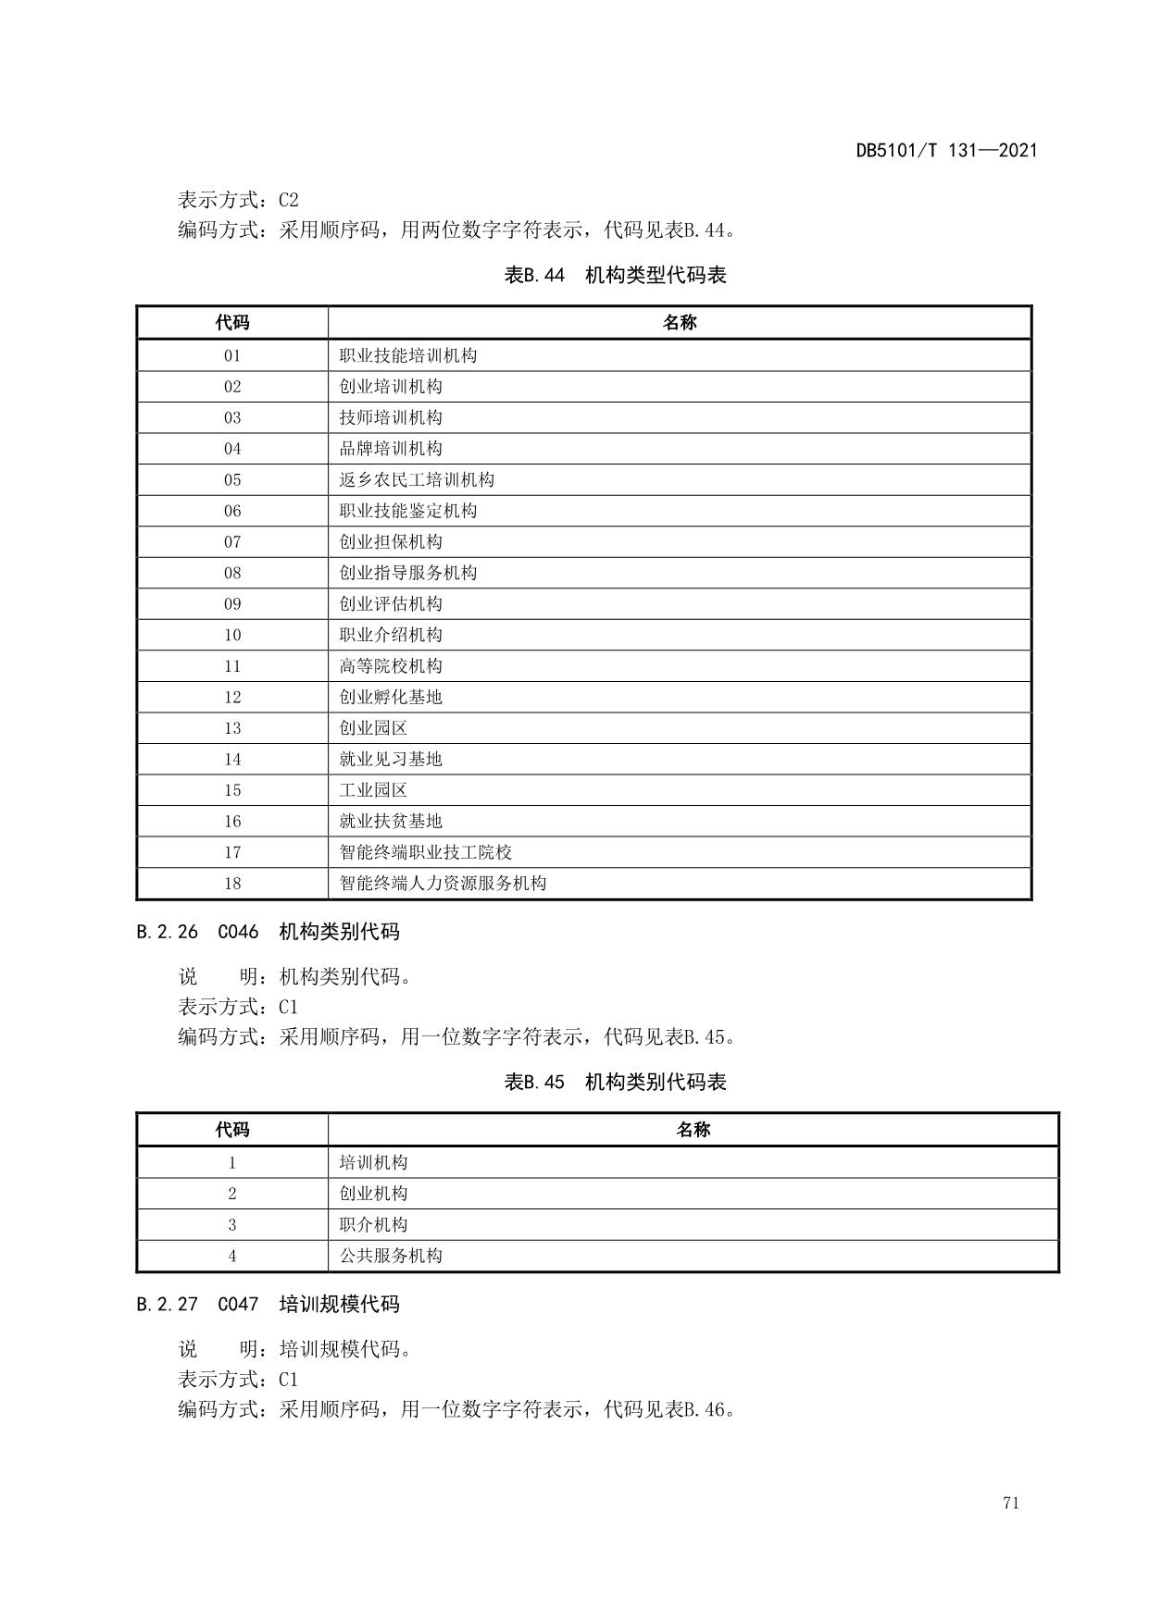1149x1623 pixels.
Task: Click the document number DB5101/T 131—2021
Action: click(946, 151)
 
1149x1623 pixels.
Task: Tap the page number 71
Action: click(1010, 1503)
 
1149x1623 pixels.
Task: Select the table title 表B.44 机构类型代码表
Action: click(615, 275)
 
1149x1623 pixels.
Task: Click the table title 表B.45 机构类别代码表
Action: click(615, 1082)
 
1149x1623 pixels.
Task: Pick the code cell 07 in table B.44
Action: click(232, 541)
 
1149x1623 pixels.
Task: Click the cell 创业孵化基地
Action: click(391, 697)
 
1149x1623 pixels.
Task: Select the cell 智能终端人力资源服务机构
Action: click(443, 883)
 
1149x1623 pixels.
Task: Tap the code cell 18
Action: click(232, 883)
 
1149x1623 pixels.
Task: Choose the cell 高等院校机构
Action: click(391, 665)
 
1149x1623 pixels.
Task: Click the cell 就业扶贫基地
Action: click(391, 821)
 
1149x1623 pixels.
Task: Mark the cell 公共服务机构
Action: click(391, 1256)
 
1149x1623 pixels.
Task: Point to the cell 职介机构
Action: click(373, 1224)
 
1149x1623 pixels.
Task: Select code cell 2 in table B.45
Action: click(232, 1194)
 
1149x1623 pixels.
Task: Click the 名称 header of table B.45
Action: click(693, 1130)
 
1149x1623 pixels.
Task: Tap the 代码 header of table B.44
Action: click(232, 323)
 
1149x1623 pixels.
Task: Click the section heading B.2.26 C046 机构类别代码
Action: click(268, 932)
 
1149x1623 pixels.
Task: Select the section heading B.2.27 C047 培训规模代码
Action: click(268, 1305)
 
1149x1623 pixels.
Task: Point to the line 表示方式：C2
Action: click(238, 200)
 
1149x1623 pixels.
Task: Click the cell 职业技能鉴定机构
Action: click(408, 511)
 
